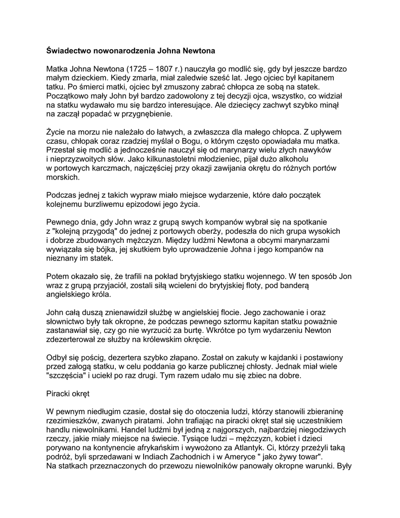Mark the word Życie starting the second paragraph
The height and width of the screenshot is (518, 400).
(x=57, y=133)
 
